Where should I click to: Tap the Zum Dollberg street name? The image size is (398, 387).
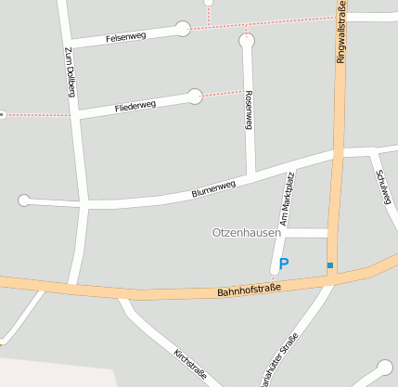tap(71, 72)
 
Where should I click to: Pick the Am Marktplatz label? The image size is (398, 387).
tap(286, 200)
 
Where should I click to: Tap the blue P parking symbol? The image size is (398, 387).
tap(284, 264)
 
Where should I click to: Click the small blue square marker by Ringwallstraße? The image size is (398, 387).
tap(329, 265)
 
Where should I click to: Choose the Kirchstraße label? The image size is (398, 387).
tap(190, 366)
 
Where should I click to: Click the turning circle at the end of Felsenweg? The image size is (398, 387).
tap(183, 29)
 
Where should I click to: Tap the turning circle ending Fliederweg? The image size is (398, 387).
tap(195, 96)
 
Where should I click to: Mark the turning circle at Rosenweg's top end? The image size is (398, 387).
tap(246, 41)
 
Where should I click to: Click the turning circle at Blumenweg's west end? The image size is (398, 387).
tap(24, 200)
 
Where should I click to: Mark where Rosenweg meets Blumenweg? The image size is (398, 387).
tap(250, 176)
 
